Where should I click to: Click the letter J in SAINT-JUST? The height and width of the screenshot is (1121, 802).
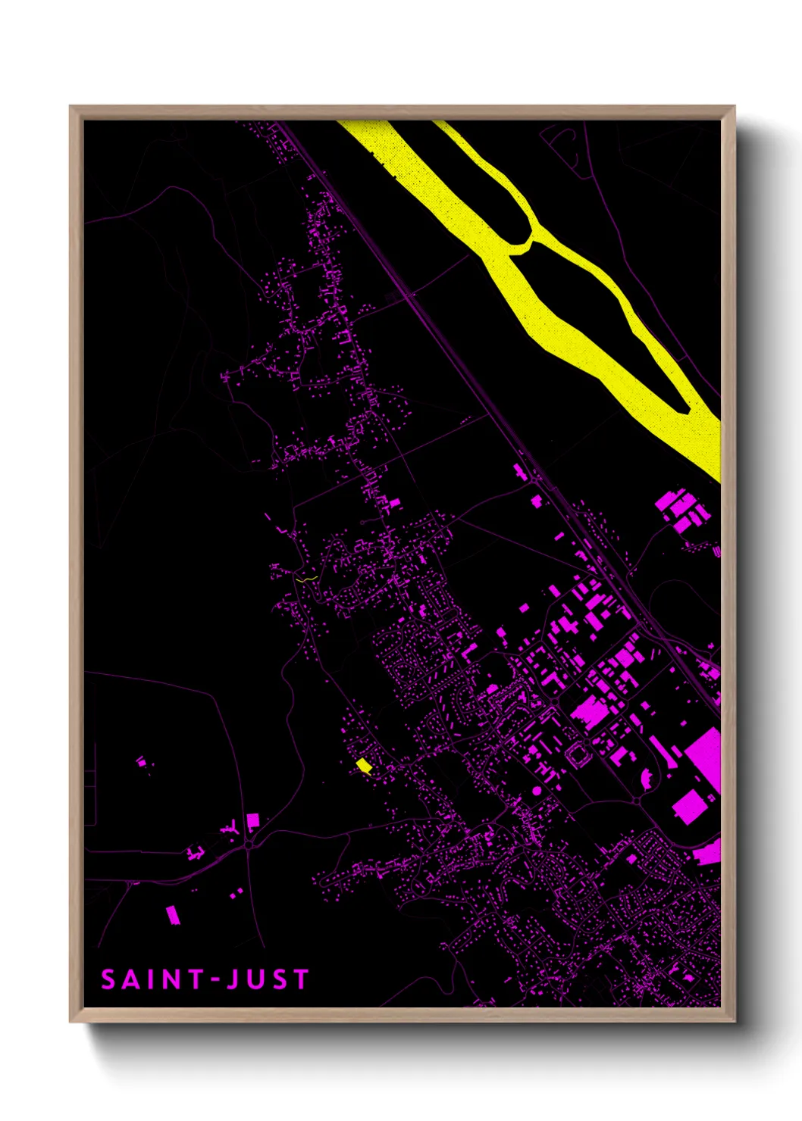click(x=234, y=979)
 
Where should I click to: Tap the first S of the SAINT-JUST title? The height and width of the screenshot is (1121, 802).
click(x=108, y=979)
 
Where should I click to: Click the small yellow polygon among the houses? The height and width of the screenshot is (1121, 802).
click(x=365, y=765)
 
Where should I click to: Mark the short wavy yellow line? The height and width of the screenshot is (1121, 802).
click(x=306, y=579)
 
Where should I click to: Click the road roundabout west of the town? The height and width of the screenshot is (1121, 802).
click(x=249, y=845)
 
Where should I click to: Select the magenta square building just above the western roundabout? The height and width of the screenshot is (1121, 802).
click(x=252, y=820)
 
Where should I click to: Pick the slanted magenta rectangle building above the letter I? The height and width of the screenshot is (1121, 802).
click(x=173, y=915)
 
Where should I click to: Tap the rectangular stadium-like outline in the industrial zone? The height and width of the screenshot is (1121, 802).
click(x=579, y=754)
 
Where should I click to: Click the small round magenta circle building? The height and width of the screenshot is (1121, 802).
click(x=537, y=791)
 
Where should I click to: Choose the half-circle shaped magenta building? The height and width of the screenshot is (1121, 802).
click(x=647, y=779)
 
